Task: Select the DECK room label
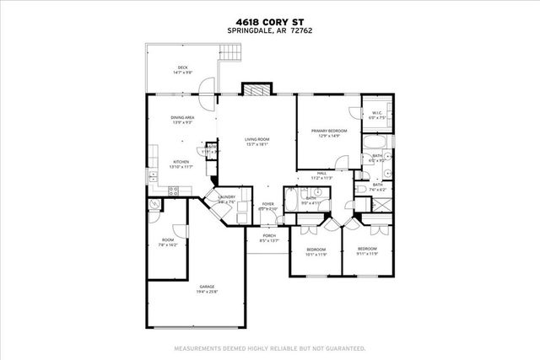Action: [182, 67]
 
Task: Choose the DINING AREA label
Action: [184, 118]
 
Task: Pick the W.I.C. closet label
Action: [376, 113]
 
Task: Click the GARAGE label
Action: [207, 287]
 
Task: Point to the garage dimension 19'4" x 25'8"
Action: [207, 293]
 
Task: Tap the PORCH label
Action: [269, 235]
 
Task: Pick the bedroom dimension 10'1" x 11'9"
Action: [316, 254]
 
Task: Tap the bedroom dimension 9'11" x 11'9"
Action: [366, 254]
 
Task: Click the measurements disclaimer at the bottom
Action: [269, 347]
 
